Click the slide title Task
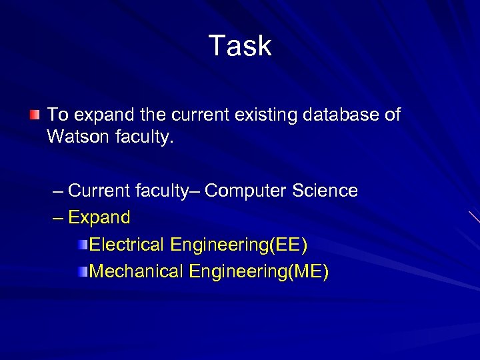(x=240, y=46)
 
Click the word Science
(x=325, y=191)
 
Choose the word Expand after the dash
(x=99, y=217)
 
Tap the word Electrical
(x=127, y=245)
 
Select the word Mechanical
(x=136, y=271)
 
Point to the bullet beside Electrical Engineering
(x=81, y=245)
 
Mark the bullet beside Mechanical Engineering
(x=81, y=272)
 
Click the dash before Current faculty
(x=57, y=191)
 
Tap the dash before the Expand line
(x=57, y=218)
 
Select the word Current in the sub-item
(x=99, y=191)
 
